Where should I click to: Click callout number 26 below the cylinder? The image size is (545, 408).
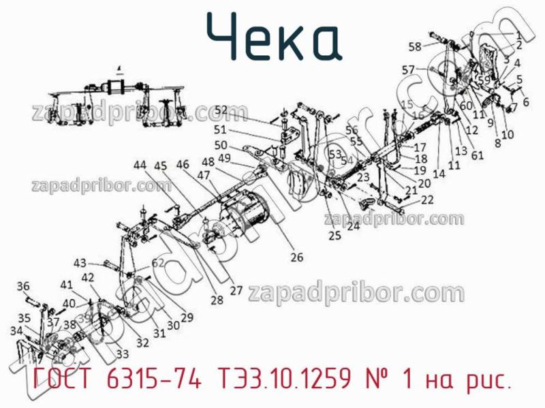[x=297, y=257]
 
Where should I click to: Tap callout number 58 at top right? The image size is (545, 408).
[x=415, y=46]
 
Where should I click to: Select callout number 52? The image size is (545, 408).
[x=221, y=110]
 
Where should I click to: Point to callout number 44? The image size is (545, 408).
[x=140, y=165]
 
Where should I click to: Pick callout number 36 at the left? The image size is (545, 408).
[x=23, y=286]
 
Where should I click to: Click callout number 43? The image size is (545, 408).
[x=80, y=263]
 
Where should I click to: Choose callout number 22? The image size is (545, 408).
[x=427, y=200]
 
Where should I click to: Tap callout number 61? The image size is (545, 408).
[x=478, y=155]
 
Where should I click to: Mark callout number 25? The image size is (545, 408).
[x=334, y=236]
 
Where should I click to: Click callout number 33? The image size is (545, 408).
[x=123, y=354]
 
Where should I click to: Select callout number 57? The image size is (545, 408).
[x=408, y=69]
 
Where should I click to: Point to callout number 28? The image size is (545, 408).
[x=217, y=300]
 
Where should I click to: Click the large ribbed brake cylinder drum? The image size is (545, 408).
[x=245, y=211]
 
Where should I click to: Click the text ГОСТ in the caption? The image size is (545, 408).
[x=57, y=379]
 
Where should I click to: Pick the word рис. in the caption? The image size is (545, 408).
[x=488, y=380]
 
